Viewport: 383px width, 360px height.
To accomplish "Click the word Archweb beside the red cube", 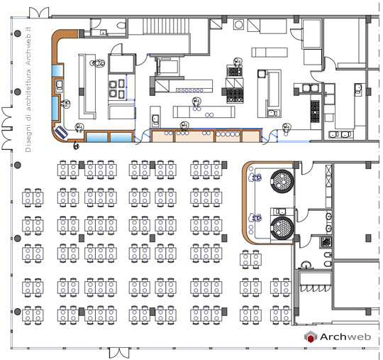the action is tap(345, 337).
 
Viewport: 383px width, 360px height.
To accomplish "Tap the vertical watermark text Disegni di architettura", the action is tap(28, 111).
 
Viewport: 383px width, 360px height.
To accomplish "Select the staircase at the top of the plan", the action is tap(166, 26).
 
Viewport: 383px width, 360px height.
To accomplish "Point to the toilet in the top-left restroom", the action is tap(121, 25).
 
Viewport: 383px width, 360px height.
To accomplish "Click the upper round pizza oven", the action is tap(282, 181).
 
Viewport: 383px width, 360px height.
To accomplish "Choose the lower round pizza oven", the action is tap(282, 228).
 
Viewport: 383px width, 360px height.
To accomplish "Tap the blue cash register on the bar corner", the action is tap(61, 132).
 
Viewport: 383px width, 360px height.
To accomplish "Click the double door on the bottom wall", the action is tap(119, 353).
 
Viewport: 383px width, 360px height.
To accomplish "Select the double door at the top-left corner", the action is tap(39, 13).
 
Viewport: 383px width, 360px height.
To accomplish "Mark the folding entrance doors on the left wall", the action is tap(7, 128).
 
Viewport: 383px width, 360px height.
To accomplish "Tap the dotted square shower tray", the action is tap(326, 242).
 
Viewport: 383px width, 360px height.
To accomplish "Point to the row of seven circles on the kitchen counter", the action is tap(190, 90).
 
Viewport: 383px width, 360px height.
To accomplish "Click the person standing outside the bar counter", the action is tap(77, 145).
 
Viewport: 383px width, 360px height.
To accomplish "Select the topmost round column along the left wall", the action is tap(17, 33).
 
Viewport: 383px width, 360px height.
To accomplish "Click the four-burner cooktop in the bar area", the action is tap(117, 89).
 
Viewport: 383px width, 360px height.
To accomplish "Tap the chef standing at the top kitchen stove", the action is tap(238, 62).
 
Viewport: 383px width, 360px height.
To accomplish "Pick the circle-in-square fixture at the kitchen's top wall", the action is tap(238, 24).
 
